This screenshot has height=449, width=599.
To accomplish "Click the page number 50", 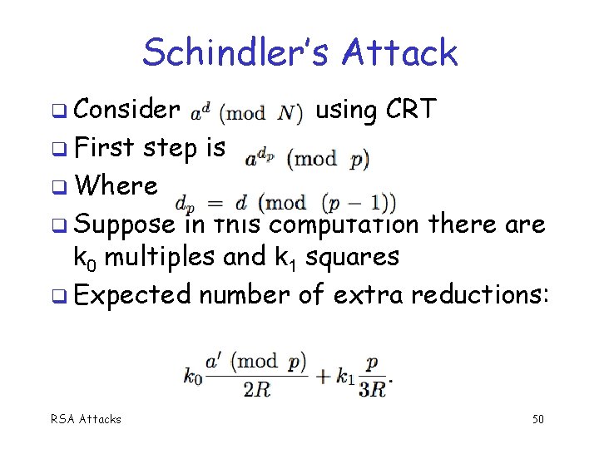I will tap(537, 419).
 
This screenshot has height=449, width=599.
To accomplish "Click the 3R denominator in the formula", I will tap(373, 389).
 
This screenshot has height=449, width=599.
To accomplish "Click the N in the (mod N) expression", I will tap(288, 113).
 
